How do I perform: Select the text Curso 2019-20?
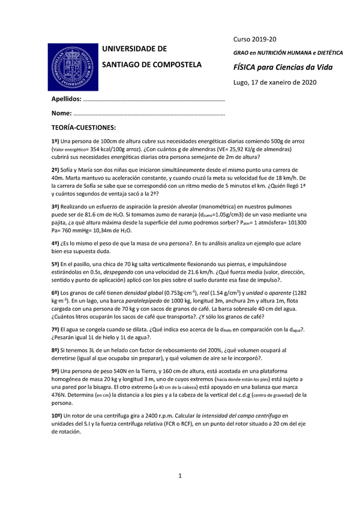[x=254, y=39]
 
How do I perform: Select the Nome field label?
[x=61, y=113]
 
